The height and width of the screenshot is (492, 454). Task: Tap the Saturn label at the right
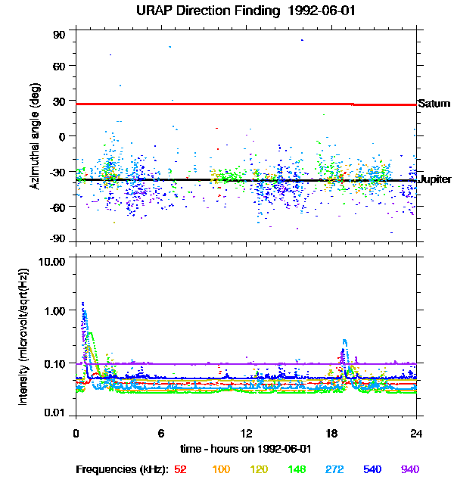coord(432,103)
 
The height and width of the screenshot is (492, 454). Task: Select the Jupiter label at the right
coord(434,179)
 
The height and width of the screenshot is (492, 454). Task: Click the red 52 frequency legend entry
coord(180,470)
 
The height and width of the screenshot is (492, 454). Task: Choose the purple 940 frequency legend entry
coord(409,470)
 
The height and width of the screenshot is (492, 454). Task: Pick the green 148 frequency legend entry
coord(297,470)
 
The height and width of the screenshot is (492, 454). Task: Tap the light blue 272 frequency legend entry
coord(334,470)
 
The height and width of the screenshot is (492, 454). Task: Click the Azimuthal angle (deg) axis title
coord(34,136)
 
